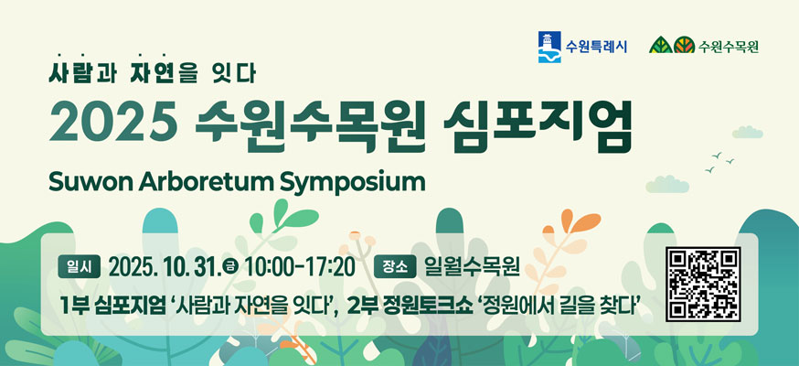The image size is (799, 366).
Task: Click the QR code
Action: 703,285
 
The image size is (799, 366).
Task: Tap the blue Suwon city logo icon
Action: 549,47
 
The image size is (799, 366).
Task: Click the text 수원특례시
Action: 596,48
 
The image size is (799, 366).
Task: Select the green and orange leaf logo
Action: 672,45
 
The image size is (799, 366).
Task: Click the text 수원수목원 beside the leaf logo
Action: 729,47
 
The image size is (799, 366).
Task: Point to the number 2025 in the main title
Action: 112,122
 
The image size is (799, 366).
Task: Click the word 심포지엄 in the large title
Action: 538,124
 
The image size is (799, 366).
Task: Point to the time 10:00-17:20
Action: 300,267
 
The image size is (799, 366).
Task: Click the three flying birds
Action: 719,162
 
